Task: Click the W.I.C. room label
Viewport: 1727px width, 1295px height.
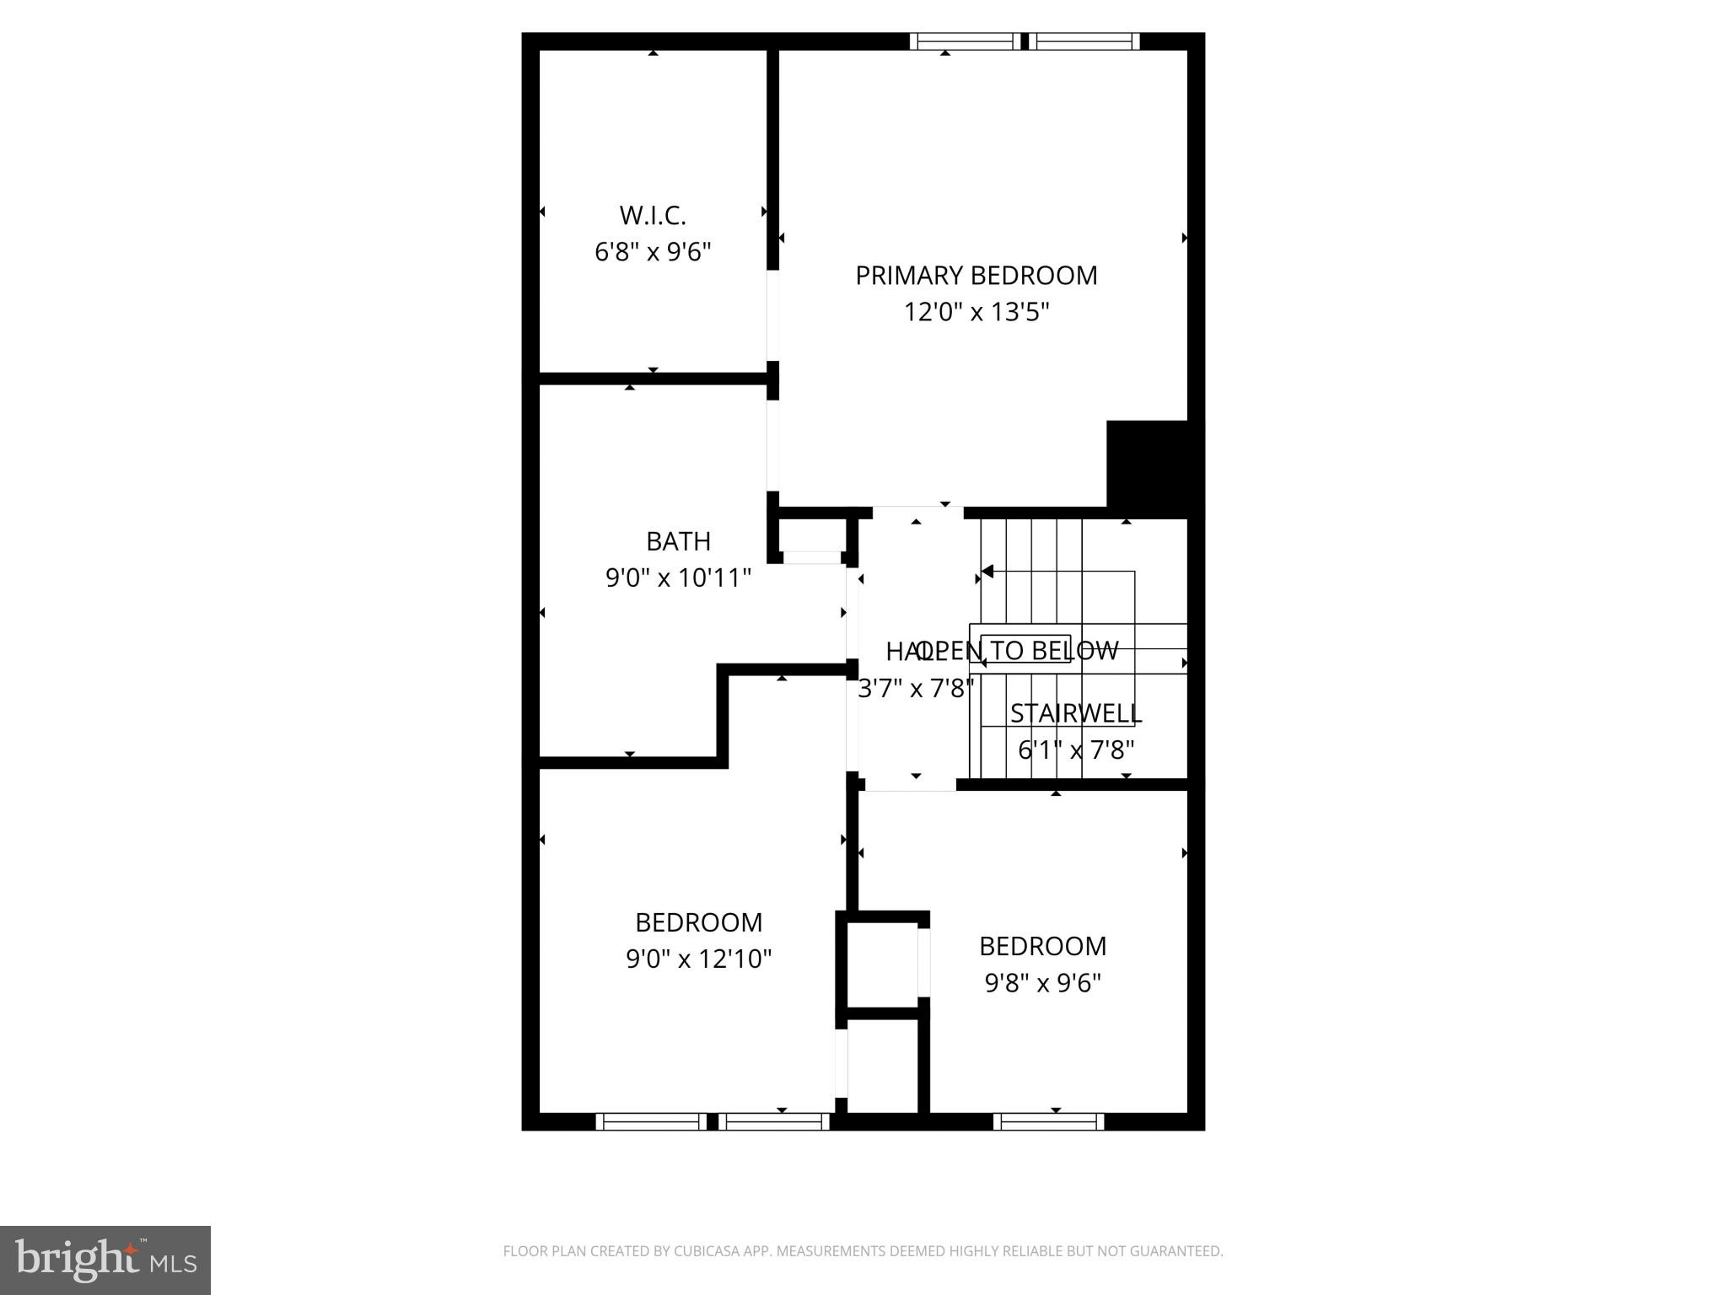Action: point(653,216)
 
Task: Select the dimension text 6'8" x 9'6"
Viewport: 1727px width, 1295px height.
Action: point(653,252)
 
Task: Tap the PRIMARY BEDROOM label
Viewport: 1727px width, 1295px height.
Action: point(976,276)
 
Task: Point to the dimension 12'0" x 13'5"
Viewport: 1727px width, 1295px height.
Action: point(976,313)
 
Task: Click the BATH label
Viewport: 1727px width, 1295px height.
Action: point(678,541)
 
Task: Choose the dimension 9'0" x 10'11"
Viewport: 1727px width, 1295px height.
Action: point(678,578)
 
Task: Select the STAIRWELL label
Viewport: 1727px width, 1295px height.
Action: point(1075,713)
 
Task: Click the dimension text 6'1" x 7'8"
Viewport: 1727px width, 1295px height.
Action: point(1075,750)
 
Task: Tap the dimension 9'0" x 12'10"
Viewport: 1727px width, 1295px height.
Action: point(698,959)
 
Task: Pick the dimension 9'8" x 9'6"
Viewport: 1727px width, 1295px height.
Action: point(1042,983)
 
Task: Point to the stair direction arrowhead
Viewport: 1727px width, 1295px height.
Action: point(987,572)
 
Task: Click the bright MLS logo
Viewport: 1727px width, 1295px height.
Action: point(105,1260)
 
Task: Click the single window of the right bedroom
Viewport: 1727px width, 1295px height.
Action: point(1048,1121)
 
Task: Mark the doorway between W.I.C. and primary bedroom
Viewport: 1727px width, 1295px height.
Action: point(772,315)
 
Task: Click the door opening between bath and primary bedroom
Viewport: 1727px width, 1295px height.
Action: point(772,445)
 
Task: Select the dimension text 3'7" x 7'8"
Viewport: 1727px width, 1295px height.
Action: point(915,689)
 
